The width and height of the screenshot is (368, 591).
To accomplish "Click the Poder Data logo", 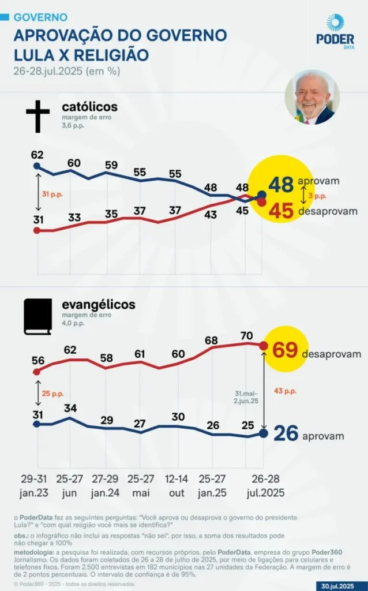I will tap(335, 32).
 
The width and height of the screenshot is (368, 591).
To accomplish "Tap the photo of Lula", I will tap(312, 97).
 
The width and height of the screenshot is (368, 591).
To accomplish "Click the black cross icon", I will tap(37, 115).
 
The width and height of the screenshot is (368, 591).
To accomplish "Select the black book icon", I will tap(37, 317).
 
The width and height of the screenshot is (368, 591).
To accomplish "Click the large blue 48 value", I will tap(281, 185).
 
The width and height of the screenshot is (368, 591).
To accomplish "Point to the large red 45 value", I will tap(281, 211).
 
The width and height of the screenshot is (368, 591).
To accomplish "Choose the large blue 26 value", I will tap(286, 433).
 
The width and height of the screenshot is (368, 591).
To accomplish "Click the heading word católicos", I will tap(89, 107).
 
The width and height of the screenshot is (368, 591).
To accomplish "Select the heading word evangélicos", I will tap(99, 304).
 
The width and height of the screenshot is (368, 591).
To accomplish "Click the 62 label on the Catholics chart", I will tap(37, 155).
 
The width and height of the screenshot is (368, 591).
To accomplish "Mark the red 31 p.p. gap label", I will tap(52, 194).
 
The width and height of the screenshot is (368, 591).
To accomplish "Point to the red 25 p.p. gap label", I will tap(52, 394).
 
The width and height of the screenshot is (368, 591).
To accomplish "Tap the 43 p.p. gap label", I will tap(284, 391).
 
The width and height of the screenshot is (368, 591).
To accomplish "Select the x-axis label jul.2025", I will tap(265, 493).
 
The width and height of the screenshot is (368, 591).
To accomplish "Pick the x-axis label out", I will tap(177, 493).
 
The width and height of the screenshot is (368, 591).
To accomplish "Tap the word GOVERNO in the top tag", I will tap(40, 18).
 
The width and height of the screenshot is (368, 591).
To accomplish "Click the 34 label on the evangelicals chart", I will tap(70, 409).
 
